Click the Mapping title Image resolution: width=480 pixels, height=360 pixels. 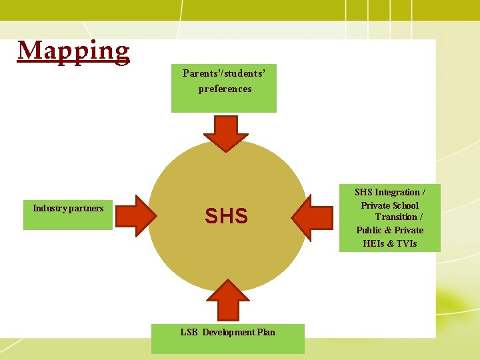pyautogui.click(x=73, y=51)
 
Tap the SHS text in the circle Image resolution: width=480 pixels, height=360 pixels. pyautogui.click(x=226, y=216)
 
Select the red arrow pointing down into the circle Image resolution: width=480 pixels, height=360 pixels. pyautogui.click(x=226, y=133)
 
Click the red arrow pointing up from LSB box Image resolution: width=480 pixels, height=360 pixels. pyautogui.click(x=227, y=301)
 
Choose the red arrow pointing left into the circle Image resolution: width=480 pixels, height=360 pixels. pyautogui.click(x=311, y=216)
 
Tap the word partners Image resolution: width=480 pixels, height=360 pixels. pyautogui.click(x=86, y=209)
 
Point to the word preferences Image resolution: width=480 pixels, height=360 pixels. pyautogui.click(x=225, y=89)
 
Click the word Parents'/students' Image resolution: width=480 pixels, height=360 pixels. pyautogui.click(x=225, y=73)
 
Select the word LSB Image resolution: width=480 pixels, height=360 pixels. pyautogui.click(x=189, y=332)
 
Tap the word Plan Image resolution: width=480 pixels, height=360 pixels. pyautogui.click(x=266, y=332)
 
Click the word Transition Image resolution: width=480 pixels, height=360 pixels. pyautogui.click(x=395, y=217)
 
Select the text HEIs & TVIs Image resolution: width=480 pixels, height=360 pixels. pyautogui.click(x=390, y=243)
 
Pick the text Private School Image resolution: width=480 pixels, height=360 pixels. pyautogui.click(x=390, y=205)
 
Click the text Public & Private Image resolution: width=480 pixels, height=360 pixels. pyautogui.click(x=390, y=230)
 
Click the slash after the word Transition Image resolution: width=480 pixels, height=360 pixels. pyautogui.click(x=421, y=217)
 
